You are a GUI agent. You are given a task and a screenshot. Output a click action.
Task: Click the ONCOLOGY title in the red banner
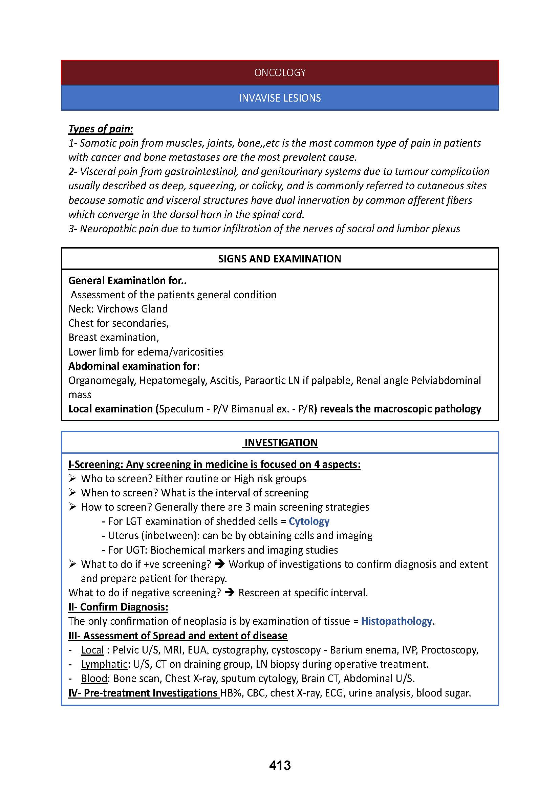pyautogui.click(x=280, y=72)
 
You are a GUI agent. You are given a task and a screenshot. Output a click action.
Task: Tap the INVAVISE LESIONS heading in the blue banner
pyautogui.click(x=280, y=98)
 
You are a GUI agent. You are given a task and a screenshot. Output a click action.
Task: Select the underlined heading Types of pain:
pyautogui.click(x=101, y=129)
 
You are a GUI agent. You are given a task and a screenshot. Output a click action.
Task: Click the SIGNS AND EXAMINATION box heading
pyautogui.click(x=280, y=259)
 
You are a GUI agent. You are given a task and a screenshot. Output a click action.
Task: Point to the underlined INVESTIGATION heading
pyautogui.click(x=281, y=443)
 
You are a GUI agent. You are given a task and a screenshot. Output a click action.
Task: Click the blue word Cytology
pyautogui.click(x=309, y=521)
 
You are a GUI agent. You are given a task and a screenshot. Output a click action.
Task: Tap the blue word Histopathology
pyautogui.click(x=396, y=621)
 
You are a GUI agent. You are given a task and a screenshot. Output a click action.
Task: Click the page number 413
pyautogui.click(x=280, y=766)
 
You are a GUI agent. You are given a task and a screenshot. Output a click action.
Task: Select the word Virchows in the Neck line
pyautogui.click(x=117, y=309)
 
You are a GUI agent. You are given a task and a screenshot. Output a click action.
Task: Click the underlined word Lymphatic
pyautogui.click(x=104, y=664)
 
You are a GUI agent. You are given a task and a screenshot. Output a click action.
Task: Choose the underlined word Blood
pyautogui.click(x=94, y=678)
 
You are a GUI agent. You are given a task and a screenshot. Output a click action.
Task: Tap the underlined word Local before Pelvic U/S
pyautogui.click(x=92, y=650)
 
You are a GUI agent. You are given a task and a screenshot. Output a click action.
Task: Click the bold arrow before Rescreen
pyautogui.click(x=229, y=593)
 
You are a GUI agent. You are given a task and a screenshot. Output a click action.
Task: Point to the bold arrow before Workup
pyautogui.click(x=220, y=564)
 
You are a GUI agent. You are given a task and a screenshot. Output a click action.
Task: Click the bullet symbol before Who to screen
pyautogui.click(x=72, y=478)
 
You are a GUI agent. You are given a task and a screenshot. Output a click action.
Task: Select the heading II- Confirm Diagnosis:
pyautogui.click(x=118, y=607)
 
